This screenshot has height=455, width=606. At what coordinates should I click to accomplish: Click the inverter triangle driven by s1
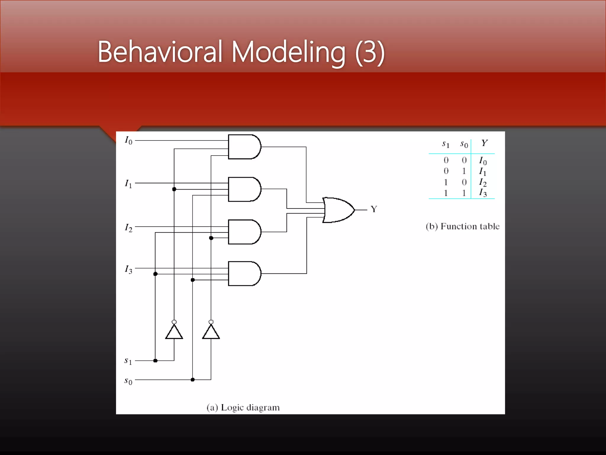(174, 332)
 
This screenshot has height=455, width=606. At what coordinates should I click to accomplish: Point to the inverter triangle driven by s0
(211, 332)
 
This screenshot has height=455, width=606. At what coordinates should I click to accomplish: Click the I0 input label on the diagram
(128, 140)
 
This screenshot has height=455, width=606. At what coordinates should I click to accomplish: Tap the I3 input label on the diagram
(128, 269)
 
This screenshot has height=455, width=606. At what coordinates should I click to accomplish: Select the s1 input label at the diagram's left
(128, 361)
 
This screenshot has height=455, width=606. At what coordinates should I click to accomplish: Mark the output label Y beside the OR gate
(374, 209)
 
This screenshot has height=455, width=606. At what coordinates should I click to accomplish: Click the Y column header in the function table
(484, 143)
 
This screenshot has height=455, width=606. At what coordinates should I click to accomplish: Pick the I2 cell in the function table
(483, 182)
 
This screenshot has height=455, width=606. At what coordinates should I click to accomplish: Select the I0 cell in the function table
(483, 161)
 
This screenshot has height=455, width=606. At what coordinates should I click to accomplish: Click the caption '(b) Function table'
(462, 226)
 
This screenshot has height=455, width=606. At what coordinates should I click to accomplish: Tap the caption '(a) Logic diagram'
(243, 408)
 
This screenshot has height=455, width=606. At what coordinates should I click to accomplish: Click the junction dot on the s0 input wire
(193, 379)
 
